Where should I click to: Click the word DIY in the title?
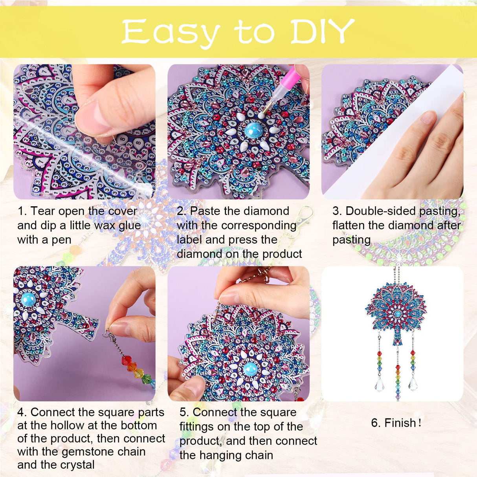click(323, 31)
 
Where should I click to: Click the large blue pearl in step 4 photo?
click(28, 300)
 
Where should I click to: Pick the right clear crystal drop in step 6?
click(413, 383)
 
